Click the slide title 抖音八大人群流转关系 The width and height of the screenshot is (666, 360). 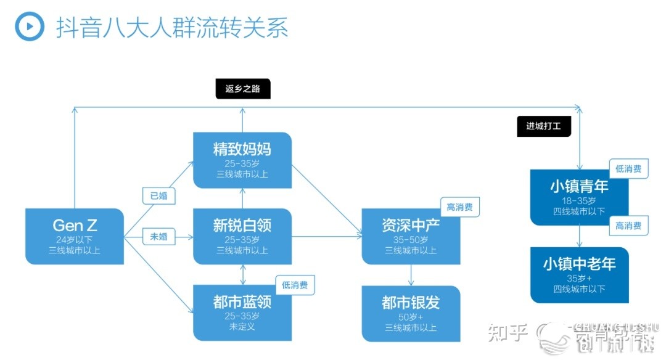[172, 28]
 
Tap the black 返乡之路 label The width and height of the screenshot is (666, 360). [243, 89]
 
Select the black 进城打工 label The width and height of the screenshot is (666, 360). [544, 126]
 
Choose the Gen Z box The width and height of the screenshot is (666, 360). [75, 236]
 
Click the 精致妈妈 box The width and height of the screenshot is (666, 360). [242, 160]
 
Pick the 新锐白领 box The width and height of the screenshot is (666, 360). [242, 236]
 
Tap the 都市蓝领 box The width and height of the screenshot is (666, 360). [242, 313]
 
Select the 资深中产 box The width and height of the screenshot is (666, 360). [411, 236]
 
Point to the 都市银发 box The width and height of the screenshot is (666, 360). [411, 313]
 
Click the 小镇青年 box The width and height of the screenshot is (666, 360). [579, 197]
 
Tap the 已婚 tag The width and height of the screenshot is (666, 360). [158, 196]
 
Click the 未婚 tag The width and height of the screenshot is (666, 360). [158, 237]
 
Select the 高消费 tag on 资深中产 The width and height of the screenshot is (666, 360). [459, 207]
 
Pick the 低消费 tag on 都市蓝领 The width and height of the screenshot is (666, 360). [295, 284]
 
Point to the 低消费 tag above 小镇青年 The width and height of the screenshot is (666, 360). [628, 169]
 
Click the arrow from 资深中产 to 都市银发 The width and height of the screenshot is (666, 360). [411, 275]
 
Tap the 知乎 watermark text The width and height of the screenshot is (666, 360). [508, 333]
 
